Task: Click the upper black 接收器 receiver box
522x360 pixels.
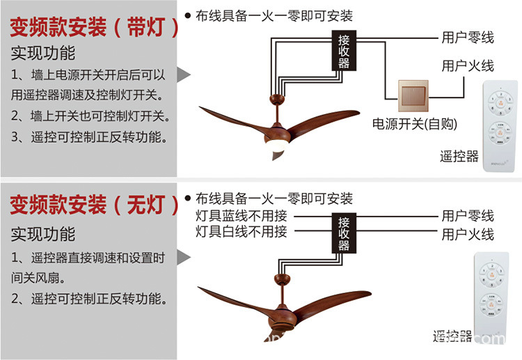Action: point(343,51)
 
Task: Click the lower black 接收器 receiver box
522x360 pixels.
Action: point(343,233)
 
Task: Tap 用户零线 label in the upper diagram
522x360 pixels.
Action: point(467,37)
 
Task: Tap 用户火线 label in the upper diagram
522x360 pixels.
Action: point(467,66)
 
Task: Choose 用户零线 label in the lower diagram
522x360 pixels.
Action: point(467,215)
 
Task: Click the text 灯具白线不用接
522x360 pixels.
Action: point(241,232)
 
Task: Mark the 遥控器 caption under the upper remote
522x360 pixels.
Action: point(459,157)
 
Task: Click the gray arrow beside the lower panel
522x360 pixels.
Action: point(183,258)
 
